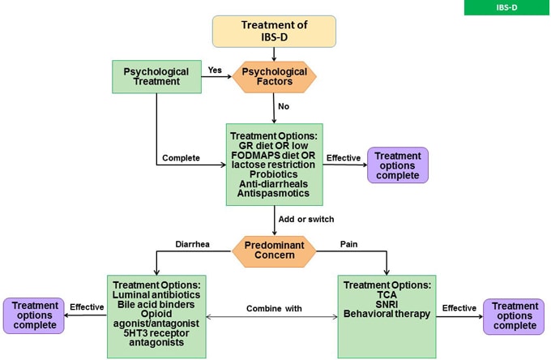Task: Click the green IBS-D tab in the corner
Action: tap(506, 7)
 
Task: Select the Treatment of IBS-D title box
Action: tap(274, 31)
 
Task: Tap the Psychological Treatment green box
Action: tap(156, 77)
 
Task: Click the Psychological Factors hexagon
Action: tap(275, 77)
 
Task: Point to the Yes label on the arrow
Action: tap(215, 71)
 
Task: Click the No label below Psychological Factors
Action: tap(284, 105)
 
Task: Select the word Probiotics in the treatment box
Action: tap(275, 174)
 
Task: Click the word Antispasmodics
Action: tap(275, 195)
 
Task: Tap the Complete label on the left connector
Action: tap(180, 157)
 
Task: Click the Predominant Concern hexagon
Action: tap(275, 251)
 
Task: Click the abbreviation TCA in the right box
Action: tap(387, 298)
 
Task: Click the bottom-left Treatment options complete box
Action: tap(35, 315)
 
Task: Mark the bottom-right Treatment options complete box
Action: tap(515, 315)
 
